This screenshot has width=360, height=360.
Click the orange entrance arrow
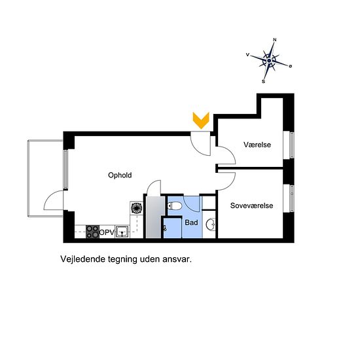(x=201, y=120)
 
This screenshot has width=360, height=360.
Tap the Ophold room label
(x=120, y=175)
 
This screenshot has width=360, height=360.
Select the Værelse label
(x=257, y=145)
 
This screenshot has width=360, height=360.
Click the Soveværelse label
(x=251, y=206)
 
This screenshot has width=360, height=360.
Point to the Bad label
(x=191, y=223)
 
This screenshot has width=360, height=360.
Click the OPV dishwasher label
(x=107, y=232)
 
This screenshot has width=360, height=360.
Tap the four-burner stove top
(x=92, y=232)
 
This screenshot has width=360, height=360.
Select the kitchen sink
(x=122, y=232)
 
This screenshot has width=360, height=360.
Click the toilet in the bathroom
(x=175, y=206)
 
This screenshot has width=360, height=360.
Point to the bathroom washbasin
(x=210, y=224)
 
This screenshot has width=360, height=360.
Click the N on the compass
(x=275, y=40)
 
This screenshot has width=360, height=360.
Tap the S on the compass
(x=263, y=82)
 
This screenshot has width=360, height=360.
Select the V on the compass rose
(x=247, y=54)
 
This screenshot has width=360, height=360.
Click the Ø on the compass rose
(x=291, y=66)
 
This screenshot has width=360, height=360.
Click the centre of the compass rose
(x=269, y=61)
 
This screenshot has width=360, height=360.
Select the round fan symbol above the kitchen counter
(x=136, y=207)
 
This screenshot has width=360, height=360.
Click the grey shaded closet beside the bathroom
(x=154, y=217)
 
